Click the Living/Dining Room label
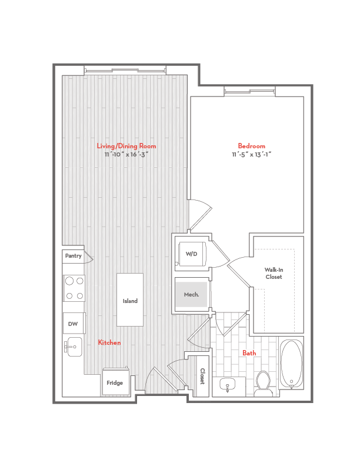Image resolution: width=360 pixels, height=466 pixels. (x=126, y=146)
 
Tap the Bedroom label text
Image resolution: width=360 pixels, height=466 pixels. (x=251, y=146)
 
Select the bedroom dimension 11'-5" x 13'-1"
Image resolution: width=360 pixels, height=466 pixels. (x=251, y=154)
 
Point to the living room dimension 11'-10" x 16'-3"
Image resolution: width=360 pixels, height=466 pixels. (x=126, y=154)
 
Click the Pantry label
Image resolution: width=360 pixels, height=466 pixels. (x=73, y=256)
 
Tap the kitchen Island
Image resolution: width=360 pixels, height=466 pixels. (x=130, y=300)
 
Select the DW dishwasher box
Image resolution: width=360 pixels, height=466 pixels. (x=74, y=324)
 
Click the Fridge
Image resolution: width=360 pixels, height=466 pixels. (x=115, y=382)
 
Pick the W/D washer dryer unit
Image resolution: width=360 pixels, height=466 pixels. (x=191, y=254)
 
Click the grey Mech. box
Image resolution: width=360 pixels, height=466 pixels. (x=191, y=294)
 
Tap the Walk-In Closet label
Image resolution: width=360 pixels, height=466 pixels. (x=274, y=273)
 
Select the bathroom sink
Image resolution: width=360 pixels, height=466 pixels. (x=228, y=386)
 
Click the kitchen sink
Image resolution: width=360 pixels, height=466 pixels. (x=74, y=347)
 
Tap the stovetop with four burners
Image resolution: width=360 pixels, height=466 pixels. (x=74, y=288)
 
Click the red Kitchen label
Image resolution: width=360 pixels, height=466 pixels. (x=109, y=342)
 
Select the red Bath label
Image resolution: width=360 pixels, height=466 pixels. (x=249, y=353)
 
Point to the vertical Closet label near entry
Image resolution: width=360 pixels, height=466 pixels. (x=202, y=377)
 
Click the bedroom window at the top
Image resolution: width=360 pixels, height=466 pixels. (x=249, y=91)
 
